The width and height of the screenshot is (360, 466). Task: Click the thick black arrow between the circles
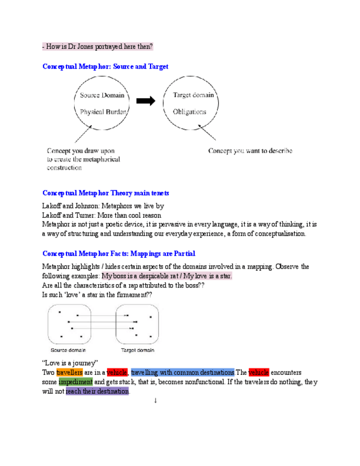146,101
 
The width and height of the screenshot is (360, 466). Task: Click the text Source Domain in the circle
102,95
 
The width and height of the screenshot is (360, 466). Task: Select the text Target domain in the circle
189,95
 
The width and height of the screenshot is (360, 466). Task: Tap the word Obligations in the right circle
189,112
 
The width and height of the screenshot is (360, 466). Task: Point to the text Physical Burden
104,112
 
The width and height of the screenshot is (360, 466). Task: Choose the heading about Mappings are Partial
119,253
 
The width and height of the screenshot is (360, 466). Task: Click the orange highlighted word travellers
70,372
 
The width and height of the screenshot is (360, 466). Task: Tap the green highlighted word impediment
75,381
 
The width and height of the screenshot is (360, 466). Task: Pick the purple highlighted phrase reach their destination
97,391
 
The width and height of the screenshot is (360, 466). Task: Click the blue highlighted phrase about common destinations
182,372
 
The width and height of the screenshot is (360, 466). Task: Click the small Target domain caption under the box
137,350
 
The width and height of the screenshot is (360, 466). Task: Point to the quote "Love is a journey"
70,362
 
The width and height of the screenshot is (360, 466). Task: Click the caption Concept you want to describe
250,151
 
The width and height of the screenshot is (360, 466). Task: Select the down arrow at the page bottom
156,401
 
